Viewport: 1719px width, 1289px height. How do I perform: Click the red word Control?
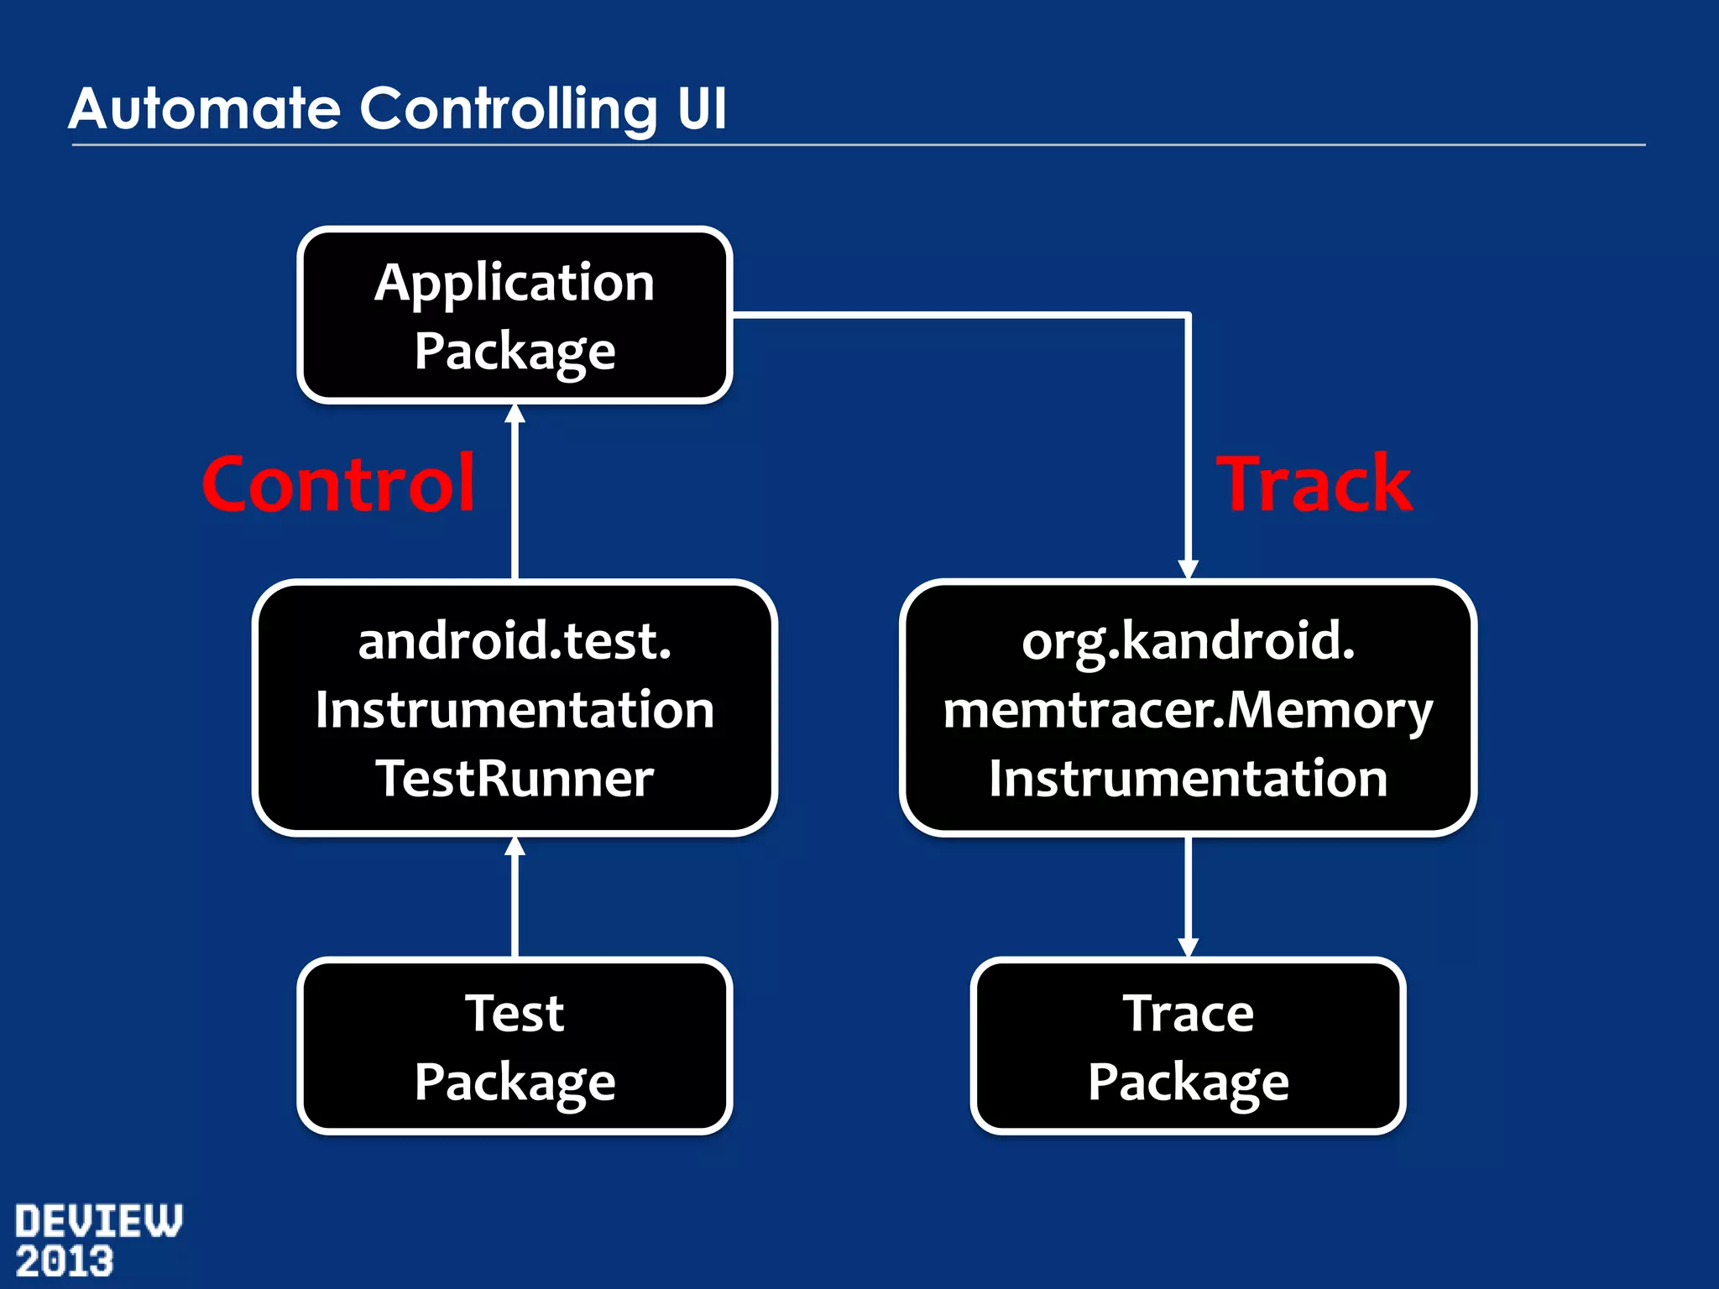pos(339,484)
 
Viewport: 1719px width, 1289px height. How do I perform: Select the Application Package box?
pos(515,316)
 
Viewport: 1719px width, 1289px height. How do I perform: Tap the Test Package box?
pos(515,1046)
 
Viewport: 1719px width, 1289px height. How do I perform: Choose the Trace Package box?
pos(1188,1046)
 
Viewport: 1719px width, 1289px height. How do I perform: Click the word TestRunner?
pos(515,778)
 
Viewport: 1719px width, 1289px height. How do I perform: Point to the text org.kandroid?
pos(1188,641)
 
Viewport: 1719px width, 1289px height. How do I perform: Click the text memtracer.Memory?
pos(1188,710)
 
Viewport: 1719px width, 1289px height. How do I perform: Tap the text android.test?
pos(515,641)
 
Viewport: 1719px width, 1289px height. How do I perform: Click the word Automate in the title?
pos(205,109)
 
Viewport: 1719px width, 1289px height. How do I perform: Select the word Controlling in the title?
pos(509,109)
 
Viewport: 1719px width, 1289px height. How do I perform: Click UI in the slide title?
pos(702,109)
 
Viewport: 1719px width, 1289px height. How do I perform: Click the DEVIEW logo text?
pos(98,1221)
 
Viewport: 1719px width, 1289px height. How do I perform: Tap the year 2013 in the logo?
pos(65,1262)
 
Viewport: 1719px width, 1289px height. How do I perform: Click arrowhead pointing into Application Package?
pos(515,414)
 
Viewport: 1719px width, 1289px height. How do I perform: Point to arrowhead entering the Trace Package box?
pos(1188,947)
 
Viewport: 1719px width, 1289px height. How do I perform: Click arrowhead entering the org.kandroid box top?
pos(1188,569)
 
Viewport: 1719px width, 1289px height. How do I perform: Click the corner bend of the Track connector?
pos(1188,316)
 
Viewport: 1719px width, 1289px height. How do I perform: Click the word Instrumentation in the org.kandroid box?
pos(1188,778)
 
